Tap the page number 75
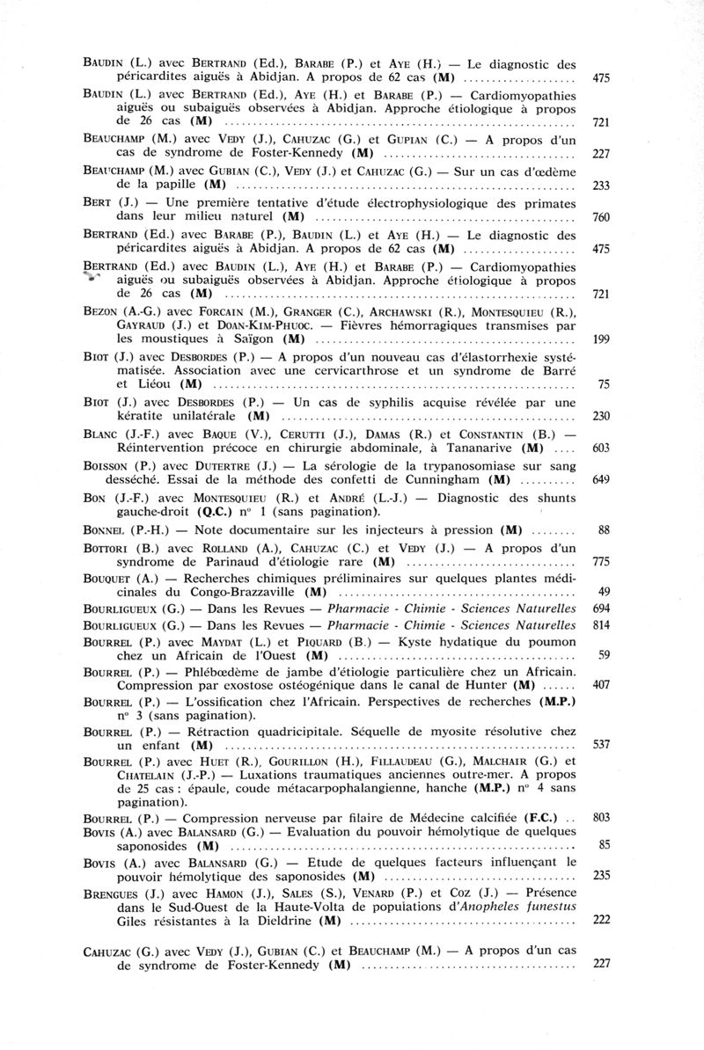click(604, 383)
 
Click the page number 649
click(602, 479)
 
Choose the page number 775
click(602, 561)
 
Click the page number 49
click(604, 591)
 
